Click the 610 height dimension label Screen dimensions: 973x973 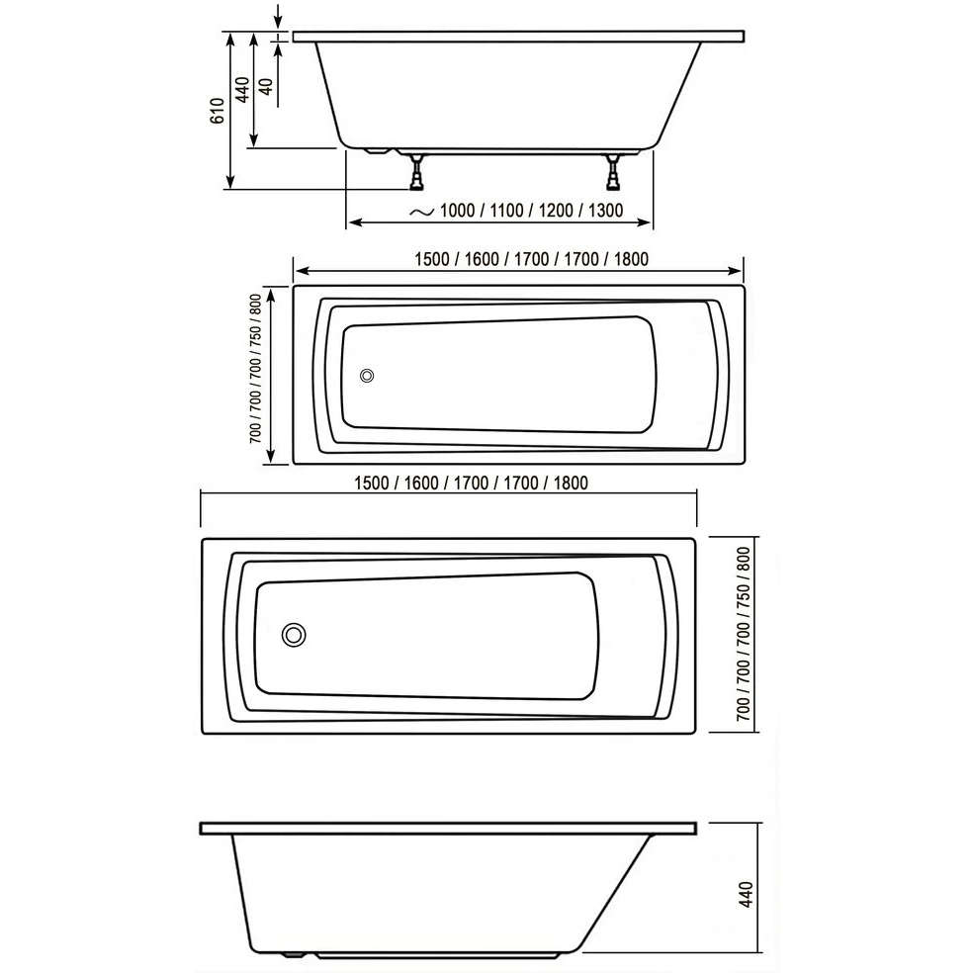coord(218,111)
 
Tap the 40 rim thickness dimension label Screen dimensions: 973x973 coord(266,86)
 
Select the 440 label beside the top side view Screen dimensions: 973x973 coord(242,89)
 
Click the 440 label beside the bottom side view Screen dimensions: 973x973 coord(746,894)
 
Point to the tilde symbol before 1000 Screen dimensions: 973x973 coord(422,212)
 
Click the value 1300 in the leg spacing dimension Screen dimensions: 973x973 coord(605,211)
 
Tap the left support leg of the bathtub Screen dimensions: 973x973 coord(417,172)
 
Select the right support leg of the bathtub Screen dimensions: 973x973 coord(613,172)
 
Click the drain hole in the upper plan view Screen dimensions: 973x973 coord(367,376)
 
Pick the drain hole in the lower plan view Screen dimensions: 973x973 coord(294,635)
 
